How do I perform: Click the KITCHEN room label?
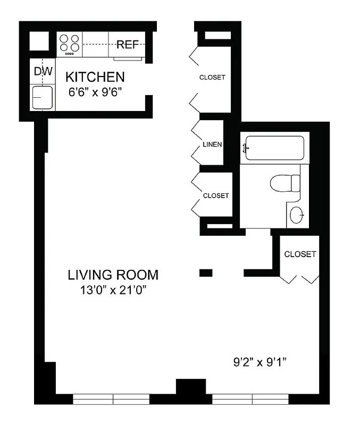pyautogui.click(x=95, y=77)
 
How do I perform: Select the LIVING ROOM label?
pyautogui.click(x=113, y=275)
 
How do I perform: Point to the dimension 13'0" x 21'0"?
pyautogui.click(x=113, y=291)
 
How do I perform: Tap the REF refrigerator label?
pyautogui.click(x=128, y=45)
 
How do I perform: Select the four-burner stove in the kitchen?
pyautogui.click(x=70, y=44)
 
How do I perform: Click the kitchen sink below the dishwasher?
pyautogui.click(x=42, y=97)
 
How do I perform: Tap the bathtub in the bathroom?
pyautogui.click(x=274, y=148)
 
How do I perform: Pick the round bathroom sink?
pyautogui.click(x=297, y=215)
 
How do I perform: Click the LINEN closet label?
pyautogui.click(x=212, y=144)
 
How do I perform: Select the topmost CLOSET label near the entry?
pyautogui.click(x=212, y=78)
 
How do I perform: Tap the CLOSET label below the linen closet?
pyautogui.click(x=215, y=195)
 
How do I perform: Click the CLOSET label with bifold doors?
pyautogui.click(x=300, y=254)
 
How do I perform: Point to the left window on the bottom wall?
pyautogui.click(x=111, y=399)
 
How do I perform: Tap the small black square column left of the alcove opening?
pyautogui.click(x=206, y=273)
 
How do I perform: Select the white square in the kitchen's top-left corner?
pyautogui.click(x=38, y=41)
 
